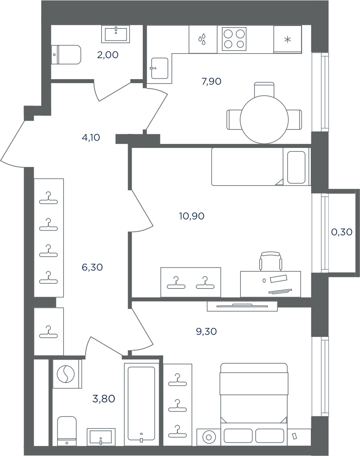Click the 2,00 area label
pos(108,55)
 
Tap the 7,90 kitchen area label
pos(212,82)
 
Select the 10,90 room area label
pos(192,216)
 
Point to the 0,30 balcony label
pos(342,232)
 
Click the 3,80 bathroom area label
pos(104,398)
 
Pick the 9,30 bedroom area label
pos(206,332)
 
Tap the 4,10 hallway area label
pos(91,137)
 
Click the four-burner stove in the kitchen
pos(234,39)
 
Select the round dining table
pos(264,119)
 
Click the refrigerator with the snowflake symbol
pos(288,40)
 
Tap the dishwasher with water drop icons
pos(203,39)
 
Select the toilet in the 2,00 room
pos(66,55)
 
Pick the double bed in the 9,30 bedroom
pos(254,404)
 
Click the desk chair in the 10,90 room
pos(271,261)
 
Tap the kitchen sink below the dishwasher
pos(160,68)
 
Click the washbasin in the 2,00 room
pos(116,34)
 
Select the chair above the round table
pos(264,89)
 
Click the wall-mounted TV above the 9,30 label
pos(242,306)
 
